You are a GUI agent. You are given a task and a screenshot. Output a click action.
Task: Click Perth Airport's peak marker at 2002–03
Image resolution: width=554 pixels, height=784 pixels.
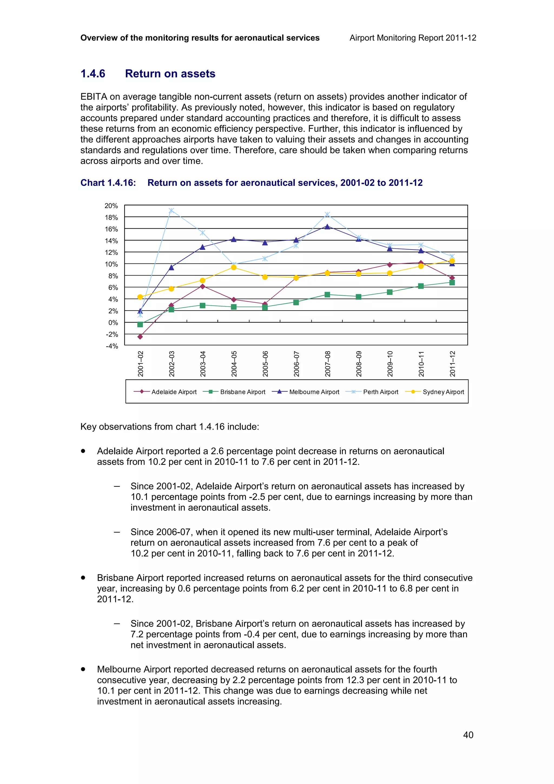(x=171, y=210)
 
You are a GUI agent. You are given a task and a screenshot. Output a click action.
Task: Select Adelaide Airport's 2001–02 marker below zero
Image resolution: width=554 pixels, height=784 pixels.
(x=140, y=337)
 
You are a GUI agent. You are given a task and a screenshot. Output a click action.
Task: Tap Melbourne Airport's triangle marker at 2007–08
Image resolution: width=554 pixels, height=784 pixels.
(x=327, y=227)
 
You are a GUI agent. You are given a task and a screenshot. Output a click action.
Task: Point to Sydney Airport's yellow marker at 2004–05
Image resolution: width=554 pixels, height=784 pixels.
(x=234, y=267)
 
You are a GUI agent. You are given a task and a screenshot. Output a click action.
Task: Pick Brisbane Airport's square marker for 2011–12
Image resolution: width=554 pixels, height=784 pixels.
(x=452, y=282)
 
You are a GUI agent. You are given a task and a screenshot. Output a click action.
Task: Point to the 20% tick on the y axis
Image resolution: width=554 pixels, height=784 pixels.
(x=111, y=206)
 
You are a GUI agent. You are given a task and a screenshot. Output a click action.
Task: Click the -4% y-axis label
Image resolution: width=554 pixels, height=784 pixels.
(x=112, y=346)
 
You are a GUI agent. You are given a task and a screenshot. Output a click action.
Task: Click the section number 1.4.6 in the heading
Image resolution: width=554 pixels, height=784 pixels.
(x=93, y=74)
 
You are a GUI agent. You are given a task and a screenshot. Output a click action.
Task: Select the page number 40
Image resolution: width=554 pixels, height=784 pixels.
(x=468, y=734)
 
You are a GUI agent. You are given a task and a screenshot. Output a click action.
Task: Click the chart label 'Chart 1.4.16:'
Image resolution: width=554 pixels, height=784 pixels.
(x=108, y=183)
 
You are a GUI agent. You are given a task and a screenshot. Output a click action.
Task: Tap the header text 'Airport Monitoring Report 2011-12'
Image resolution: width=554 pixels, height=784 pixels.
(x=413, y=38)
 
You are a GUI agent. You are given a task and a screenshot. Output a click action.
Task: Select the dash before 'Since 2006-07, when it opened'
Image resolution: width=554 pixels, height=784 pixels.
(x=117, y=532)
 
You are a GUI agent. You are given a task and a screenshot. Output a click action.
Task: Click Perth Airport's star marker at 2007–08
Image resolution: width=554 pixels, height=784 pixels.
(x=327, y=215)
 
